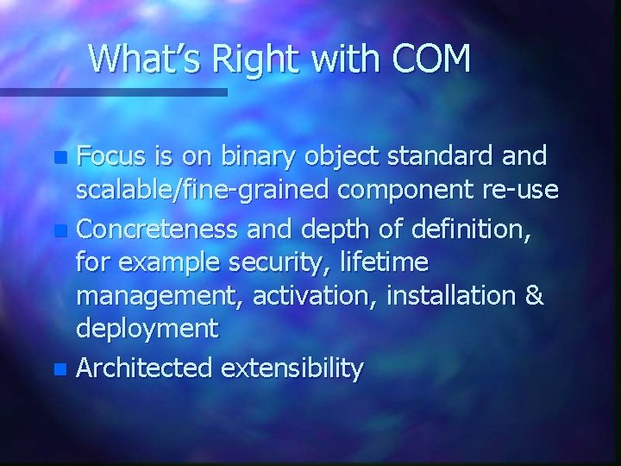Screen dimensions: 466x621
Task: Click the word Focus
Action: coord(115,157)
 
